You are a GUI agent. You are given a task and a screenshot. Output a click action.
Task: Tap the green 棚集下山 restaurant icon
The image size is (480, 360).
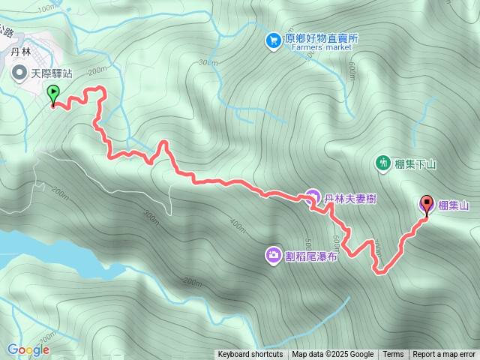383,162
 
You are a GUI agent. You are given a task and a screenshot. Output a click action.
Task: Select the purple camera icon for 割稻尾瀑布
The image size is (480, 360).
273,256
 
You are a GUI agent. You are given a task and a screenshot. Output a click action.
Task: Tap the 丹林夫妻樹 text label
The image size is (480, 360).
350,199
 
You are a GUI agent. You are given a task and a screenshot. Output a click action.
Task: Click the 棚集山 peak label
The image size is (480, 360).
453,205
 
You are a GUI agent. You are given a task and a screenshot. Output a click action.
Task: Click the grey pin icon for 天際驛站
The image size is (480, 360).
19,73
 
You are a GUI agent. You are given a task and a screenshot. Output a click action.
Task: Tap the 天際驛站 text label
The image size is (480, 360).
52,73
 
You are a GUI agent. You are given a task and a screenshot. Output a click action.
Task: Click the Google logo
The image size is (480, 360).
28,349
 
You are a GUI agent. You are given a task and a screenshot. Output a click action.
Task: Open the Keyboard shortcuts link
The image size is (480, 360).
250,355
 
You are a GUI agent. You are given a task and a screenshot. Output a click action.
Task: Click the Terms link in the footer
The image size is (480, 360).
393,355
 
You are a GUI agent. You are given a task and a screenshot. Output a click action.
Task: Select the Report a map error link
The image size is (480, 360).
445,355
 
